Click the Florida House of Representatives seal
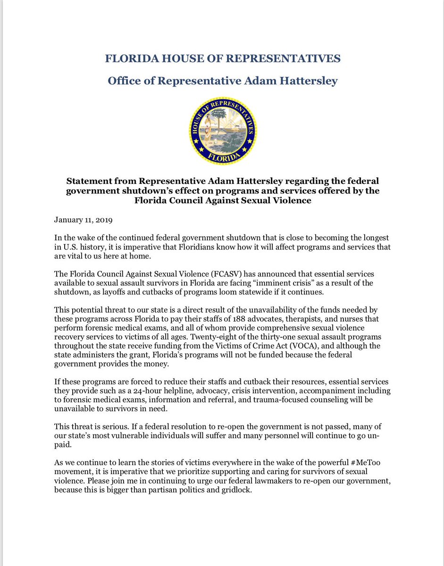coord(222,131)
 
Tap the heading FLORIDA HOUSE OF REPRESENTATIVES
coord(222,59)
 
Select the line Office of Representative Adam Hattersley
coord(222,81)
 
